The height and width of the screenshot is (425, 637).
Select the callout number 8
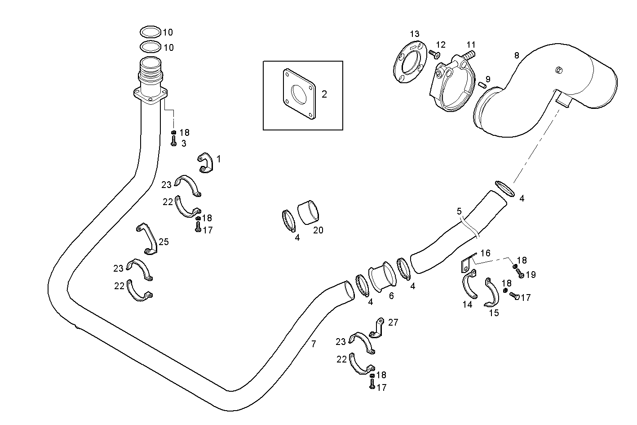point(517,55)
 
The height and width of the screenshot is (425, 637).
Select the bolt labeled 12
point(434,54)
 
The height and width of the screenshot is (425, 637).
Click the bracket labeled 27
point(377,328)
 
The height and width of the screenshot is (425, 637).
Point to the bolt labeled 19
point(520,274)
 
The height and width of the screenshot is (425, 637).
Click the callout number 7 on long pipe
point(314,344)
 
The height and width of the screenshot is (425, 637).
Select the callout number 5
point(459,210)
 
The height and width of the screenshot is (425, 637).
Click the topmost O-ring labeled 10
point(150,32)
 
